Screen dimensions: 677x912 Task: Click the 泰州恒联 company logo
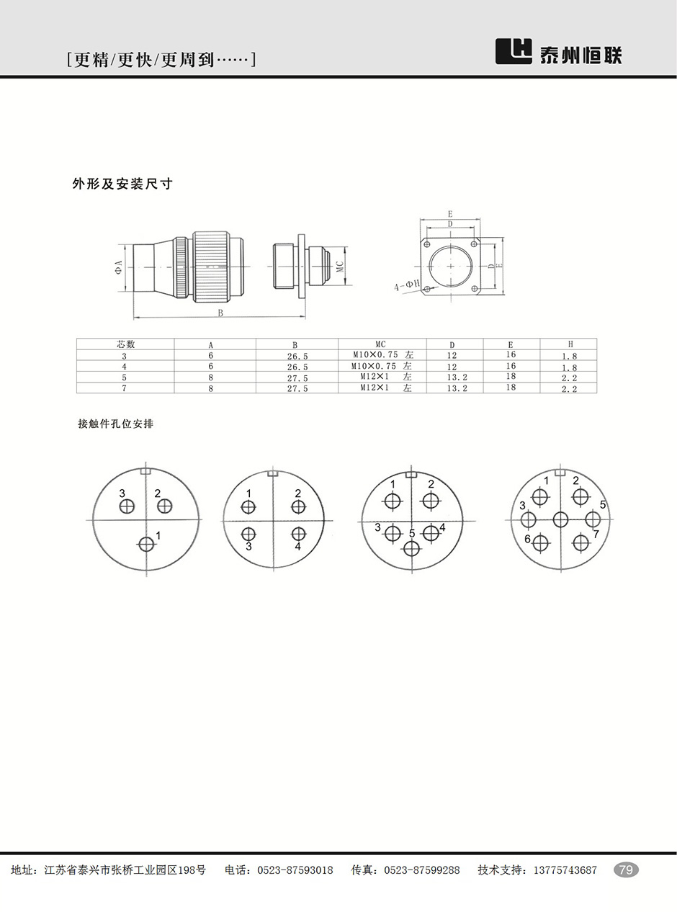(x=559, y=52)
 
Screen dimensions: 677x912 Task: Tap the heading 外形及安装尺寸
(x=122, y=184)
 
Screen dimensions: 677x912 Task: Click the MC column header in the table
(x=380, y=344)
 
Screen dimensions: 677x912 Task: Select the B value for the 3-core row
(x=297, y=356)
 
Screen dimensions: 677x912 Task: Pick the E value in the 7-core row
(x=511, y=388)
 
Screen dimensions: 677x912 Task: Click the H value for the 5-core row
(x=569, y=377)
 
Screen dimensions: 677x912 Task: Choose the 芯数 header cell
(x=125, y=344)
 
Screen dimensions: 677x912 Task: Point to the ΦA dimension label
(x=119, y=267)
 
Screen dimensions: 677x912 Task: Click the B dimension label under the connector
(x=220, y=313)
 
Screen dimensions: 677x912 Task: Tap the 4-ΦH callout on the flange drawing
(x=407, y=285)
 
